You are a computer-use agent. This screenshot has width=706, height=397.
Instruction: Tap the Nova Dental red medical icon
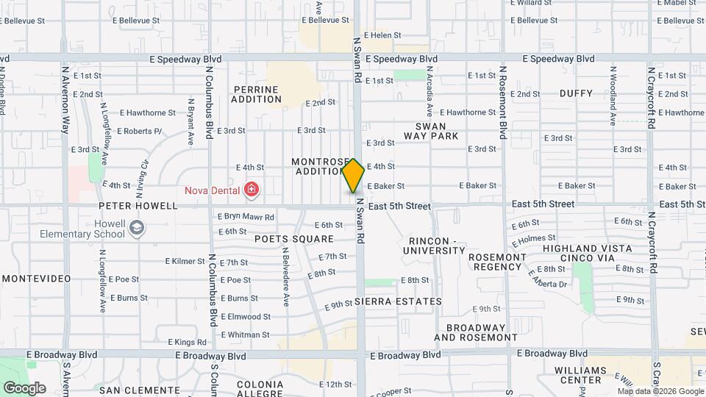252,190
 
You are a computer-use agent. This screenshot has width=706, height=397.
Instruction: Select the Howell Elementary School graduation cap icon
135,229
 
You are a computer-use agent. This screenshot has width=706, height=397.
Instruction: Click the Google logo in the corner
24,387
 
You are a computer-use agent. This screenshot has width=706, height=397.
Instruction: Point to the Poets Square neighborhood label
294,239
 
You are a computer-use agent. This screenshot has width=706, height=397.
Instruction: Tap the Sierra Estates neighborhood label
398,301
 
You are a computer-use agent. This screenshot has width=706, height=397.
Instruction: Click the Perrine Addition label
256,93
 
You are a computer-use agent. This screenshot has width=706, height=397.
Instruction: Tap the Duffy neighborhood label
576,93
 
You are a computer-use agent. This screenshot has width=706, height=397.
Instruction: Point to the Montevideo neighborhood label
36,279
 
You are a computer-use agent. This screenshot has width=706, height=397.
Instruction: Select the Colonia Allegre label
260,389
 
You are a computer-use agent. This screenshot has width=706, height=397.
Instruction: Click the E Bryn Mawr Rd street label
246,217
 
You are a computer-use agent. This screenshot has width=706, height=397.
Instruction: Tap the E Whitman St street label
245,335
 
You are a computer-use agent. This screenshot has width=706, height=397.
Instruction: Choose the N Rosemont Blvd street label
504,103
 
